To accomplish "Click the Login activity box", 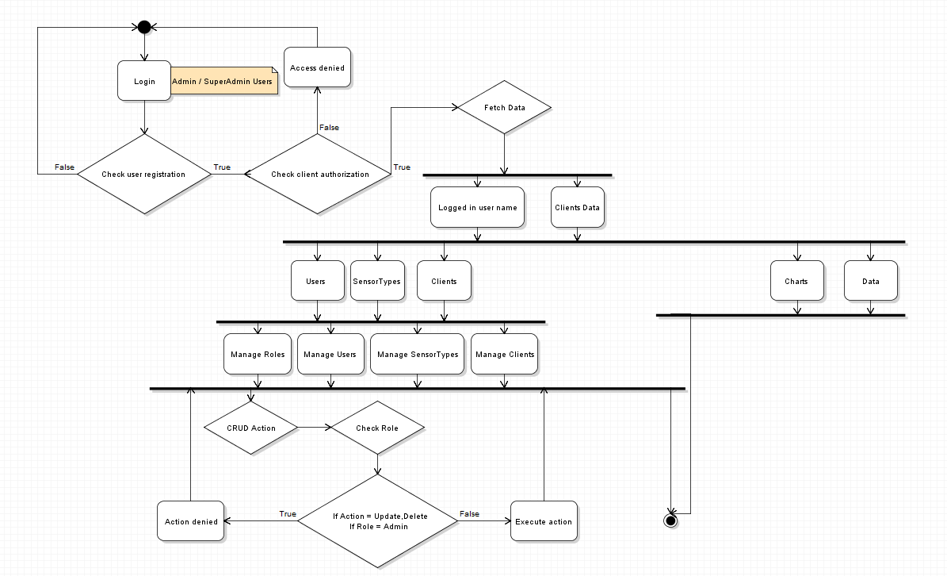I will pos(144,81).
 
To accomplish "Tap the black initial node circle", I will pos(144,28).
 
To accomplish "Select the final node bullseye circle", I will pos(670,520).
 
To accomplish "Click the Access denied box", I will pos(317,68).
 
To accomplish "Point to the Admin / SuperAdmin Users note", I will pos(224,82).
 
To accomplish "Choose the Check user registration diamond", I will pos(143,174).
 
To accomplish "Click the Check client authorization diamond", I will pos(319,174).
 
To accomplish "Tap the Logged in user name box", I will pos(477,208).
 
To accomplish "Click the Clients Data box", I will pos(577,208).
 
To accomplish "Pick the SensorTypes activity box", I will pos(376,282).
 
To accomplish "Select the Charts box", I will pos(796,282).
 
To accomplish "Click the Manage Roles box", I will pos(258,354).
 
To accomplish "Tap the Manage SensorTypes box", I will pos(418,354).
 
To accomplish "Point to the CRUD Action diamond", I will pos(251,428).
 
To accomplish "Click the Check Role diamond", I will pos(377,428).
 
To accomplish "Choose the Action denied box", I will pos(191,521).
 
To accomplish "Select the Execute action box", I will pos(544,521).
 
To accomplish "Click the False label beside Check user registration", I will pos(64,167).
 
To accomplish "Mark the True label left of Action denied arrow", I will pos(288,514).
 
